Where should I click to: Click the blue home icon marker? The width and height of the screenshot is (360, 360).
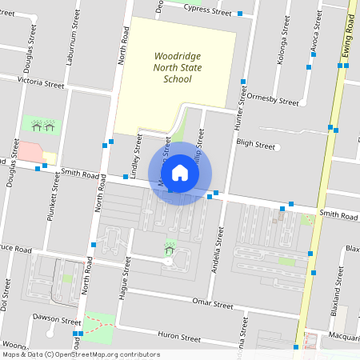[x=180, y=173]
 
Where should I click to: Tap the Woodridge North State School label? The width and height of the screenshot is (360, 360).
[x=178, y=68]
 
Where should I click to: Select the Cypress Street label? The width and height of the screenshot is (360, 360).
[x=207, y=10]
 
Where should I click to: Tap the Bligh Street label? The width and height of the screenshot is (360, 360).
[x=256, y=146]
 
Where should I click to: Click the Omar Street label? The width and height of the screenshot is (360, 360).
[x=213, y=304]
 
